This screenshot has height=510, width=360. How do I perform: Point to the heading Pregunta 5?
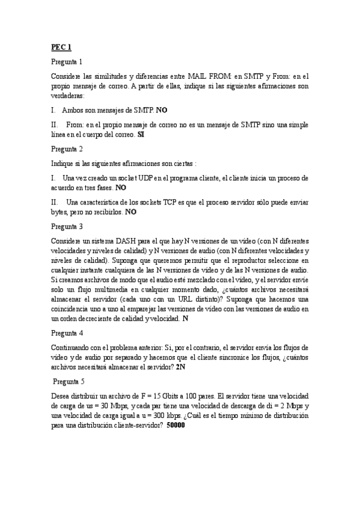69,381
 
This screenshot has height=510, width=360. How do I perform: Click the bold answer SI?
141,135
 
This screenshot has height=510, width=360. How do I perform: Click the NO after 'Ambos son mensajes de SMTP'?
162,111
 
